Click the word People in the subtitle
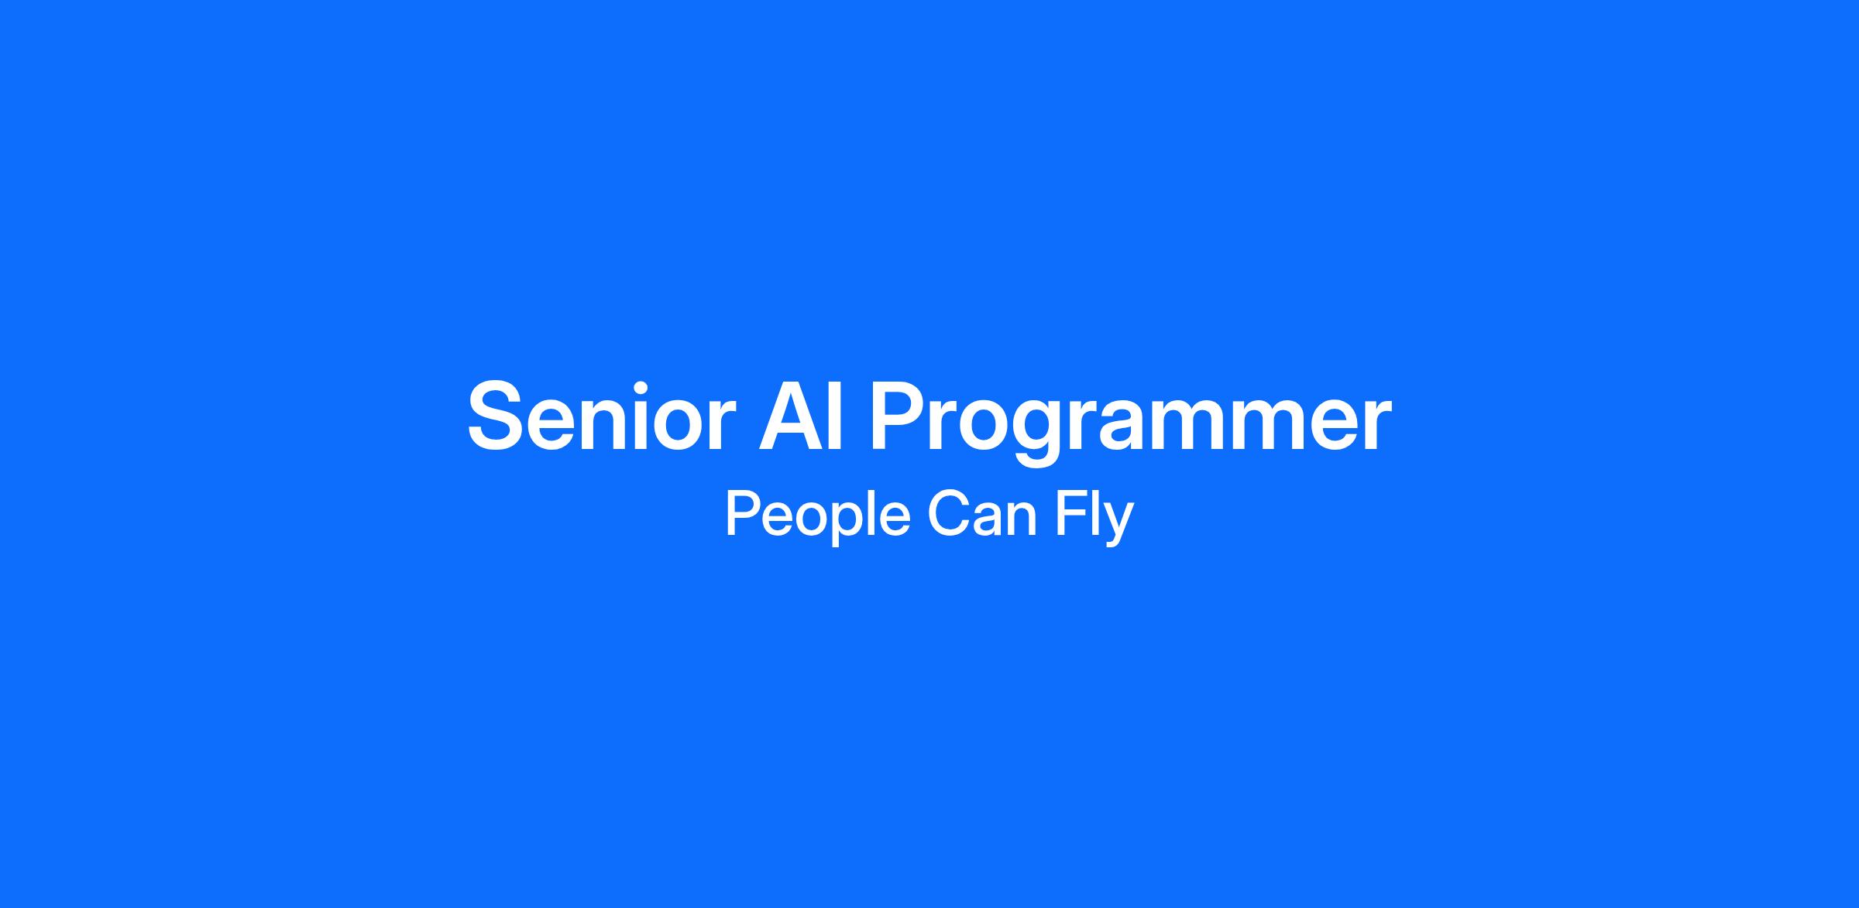point(817,516)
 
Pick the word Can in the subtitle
point(982,514)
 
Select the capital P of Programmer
point(899,416)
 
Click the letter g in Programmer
point(1039,433)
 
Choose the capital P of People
point(743,514)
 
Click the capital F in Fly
point(1070,514)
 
